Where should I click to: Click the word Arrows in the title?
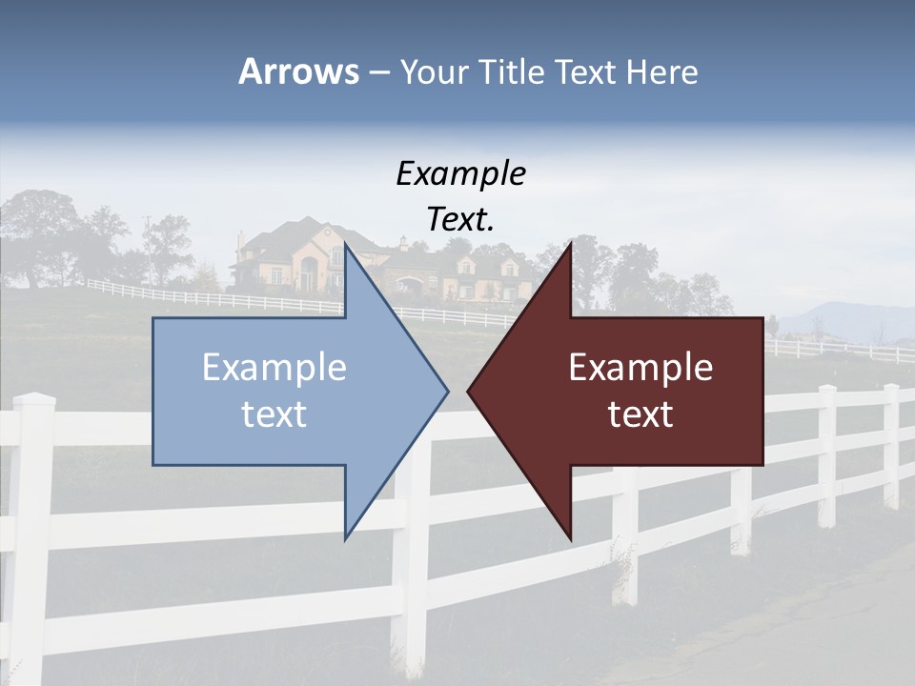pyautogui.click(x=298, y=71)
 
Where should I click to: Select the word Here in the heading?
pyautogui.click(x=661, y=71)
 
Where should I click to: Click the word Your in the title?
pyautogui.click(x=435, y=72)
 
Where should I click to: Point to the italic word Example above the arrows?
pyautogui.click(x=460, y=173)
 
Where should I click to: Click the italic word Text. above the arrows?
pyautogui.click(x=460, y=220)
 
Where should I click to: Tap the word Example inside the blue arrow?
pyautogui.click(x=274, y=367)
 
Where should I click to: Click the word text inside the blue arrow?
pyautogui.click(x=274, y=414)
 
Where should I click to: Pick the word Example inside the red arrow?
pyautogui.click(x=640, y=367)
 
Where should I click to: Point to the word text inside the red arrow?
pyautogui.click(x=640, y=414)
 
